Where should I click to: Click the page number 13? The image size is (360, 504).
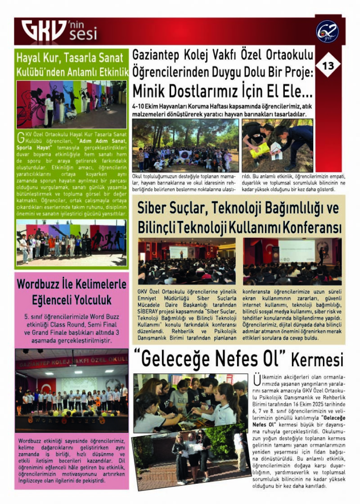328,66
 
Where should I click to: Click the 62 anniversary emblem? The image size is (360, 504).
327,32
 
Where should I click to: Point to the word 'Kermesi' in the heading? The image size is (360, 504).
317,360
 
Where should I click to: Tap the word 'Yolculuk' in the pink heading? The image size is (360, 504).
89,300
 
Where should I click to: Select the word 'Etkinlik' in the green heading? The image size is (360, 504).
110,72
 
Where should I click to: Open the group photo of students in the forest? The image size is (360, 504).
185,145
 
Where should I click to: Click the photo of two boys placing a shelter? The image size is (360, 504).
277,145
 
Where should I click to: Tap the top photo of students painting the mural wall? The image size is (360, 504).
71,104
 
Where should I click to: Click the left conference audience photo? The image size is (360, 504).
186,261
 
